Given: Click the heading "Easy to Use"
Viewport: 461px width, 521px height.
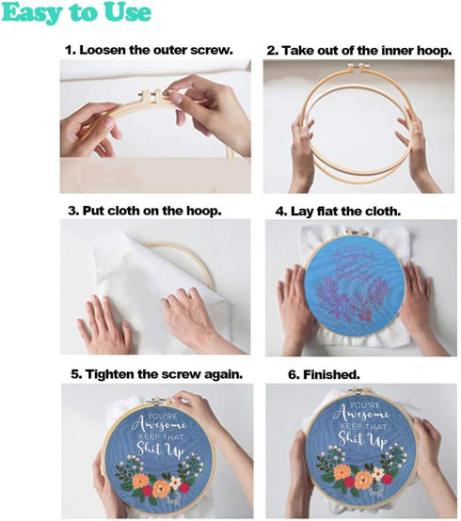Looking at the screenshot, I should pyautogui.click(x=77, y=13).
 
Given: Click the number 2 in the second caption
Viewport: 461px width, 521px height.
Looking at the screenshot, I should pyautogui.click(x=271, y=48).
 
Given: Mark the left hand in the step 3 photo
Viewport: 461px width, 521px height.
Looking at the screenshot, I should pyautogui.click(x=103, y=325).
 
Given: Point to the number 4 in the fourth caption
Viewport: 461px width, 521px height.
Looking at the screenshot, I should pyautogui.click(x=279, y=210).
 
